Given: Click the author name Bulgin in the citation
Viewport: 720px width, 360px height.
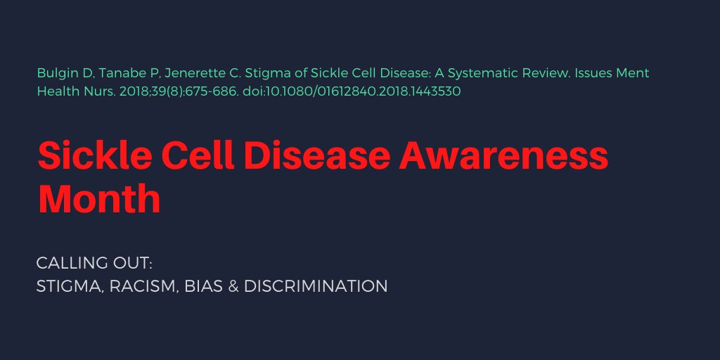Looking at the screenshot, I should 54,73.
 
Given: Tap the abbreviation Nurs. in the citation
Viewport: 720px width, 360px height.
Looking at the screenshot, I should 96,91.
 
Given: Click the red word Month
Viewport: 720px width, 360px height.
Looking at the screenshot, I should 99,198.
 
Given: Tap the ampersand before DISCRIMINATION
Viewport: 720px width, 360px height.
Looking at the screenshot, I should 233,287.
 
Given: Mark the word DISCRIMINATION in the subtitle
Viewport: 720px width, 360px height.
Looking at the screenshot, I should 316,287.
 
